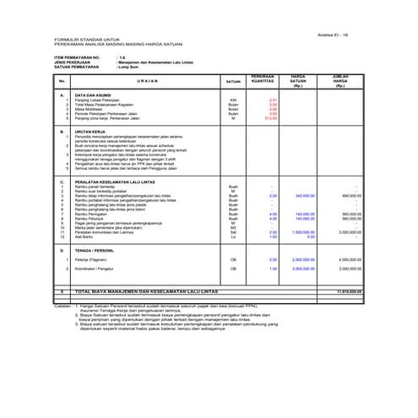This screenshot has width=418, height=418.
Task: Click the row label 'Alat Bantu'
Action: (x=84, y=236)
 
